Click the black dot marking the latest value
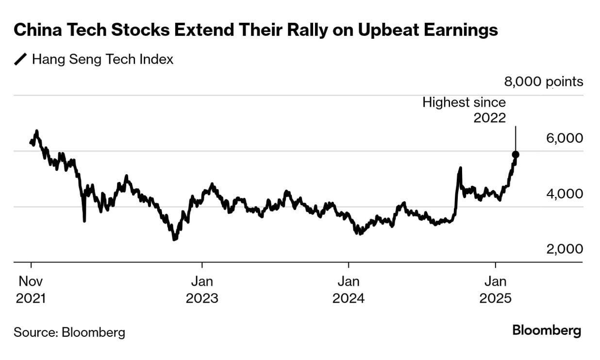coord(516,154)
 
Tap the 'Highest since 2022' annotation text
coord(464,110)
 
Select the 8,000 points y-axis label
coord(544,82)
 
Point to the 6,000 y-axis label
coord(564,138)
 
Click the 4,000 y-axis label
coord(564,194)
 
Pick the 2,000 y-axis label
coord(564,249)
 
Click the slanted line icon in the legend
coord(21,60)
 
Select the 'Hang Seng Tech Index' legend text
coord(102,60)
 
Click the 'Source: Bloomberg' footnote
coord(69,332)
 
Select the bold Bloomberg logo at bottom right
coord(547,331)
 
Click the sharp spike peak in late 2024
coord(460,168)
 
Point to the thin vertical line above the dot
coord(516,138)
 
